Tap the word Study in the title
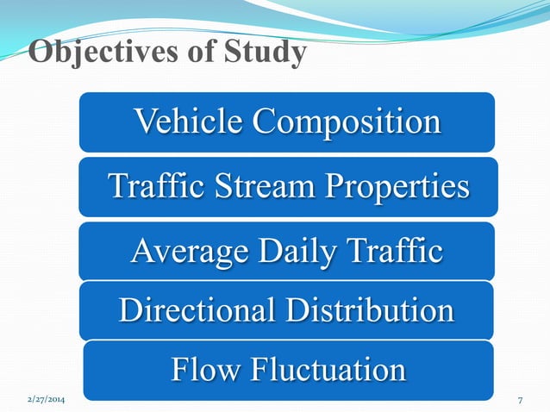[x=264, y=53]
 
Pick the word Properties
[x=399, y=186]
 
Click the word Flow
[x=206, y=370]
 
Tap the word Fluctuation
[x=328, y=370]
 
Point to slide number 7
[x=521, y=402]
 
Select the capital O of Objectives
[x=40, y=53]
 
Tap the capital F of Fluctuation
[x=259, y=370]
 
